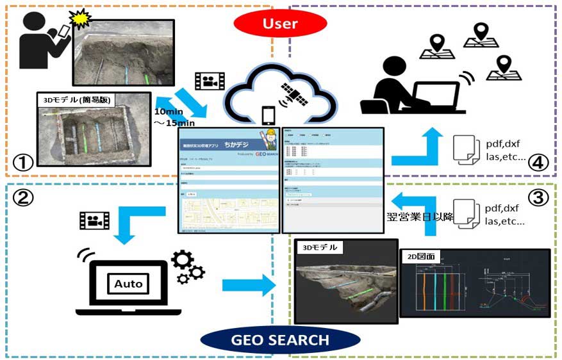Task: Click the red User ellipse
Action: (281, 24)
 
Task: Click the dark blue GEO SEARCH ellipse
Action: (281, 339)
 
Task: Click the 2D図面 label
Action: (421, 255)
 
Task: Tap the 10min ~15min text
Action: (171, 117)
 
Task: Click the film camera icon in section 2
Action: (94, 220)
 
